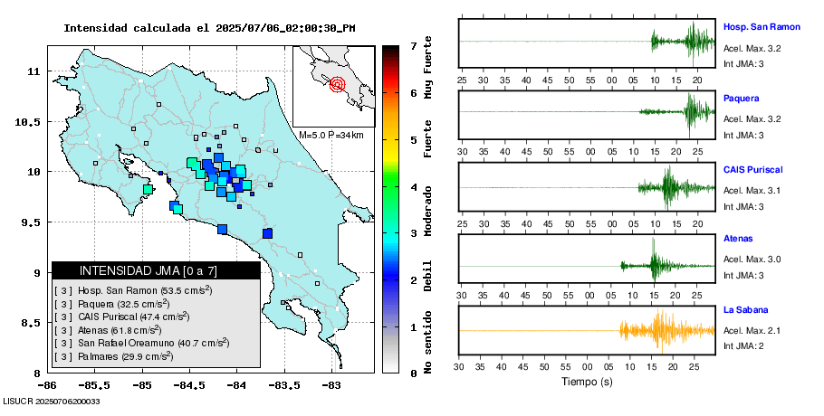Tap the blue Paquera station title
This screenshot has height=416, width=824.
point(742,98)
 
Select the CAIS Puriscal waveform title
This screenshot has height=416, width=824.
point(752,169)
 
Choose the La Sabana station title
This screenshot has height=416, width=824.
point(745,310)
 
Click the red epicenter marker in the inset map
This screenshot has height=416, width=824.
point(338,85)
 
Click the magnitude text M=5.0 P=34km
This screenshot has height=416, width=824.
point(331,135)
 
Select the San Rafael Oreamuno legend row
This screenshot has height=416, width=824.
point(140,343)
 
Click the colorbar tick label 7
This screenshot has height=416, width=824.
point(412,45)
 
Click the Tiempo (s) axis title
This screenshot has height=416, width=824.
point(586,382)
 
